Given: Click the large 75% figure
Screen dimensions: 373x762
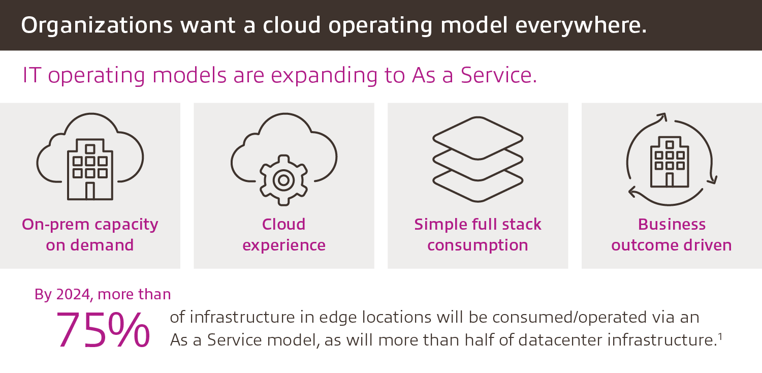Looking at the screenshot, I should coord(103,330).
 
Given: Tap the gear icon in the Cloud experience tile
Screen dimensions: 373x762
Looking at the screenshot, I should coord(283,179).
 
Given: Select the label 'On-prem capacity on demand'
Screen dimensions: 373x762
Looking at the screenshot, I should coord(90,234).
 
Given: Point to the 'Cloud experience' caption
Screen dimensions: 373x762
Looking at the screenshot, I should coord(283,234).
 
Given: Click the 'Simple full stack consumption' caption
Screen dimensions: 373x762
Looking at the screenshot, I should coord(478,234).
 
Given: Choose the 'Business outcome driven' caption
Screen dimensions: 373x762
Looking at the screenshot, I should coord(671,234).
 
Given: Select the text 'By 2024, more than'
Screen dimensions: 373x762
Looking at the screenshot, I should coord(103,294).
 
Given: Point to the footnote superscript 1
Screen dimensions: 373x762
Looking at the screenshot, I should coord(720,336).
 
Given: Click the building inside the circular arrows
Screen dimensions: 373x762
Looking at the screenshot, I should coord(670,163).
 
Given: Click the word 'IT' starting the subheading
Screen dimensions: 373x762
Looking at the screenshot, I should coord(31,75).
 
